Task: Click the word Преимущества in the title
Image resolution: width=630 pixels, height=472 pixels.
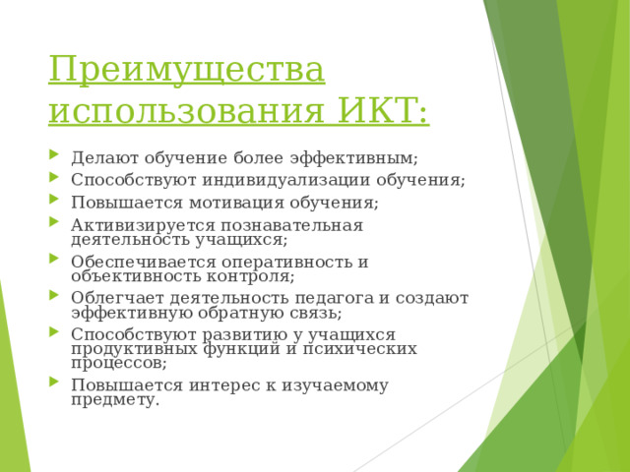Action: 185,72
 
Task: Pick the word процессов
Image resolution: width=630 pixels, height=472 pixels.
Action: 115,362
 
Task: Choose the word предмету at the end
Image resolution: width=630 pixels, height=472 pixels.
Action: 113,399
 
